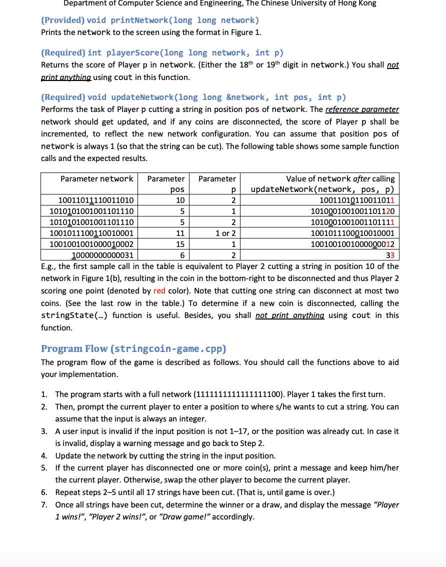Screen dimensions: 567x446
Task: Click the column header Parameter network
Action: coord(96,178)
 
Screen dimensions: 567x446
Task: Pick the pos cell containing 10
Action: coord(181,200)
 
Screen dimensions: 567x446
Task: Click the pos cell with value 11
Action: coord(181,233)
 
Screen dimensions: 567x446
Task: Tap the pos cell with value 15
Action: coord(181,244)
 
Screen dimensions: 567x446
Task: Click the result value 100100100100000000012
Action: coord(352,244)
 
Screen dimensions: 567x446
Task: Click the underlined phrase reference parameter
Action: coord(362,109)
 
